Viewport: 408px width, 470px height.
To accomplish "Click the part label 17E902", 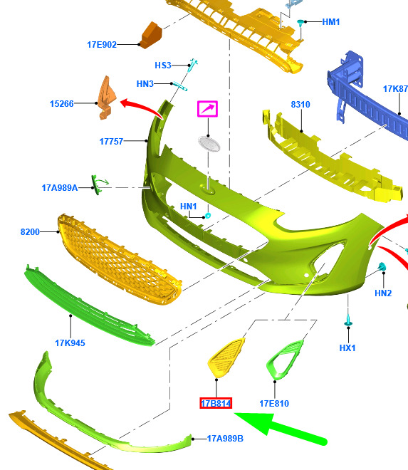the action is [102, 45].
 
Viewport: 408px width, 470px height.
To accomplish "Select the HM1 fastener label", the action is [331, 22].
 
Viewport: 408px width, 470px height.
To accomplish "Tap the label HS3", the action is [163, 66].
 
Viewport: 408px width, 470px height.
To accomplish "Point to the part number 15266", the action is [61, 104].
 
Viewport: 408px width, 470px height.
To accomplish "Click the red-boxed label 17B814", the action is [216, 404].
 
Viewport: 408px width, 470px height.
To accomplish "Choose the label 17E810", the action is [274, 404].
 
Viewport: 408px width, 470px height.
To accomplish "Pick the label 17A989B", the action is [225, 439].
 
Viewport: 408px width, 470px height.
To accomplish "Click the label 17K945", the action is [70, 343].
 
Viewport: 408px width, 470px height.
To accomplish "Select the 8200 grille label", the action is [30, 231].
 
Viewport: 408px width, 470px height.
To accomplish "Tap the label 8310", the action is [300, 105].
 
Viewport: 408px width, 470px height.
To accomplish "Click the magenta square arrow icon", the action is [207, 109].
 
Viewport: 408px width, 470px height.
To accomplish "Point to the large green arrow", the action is [280, 427].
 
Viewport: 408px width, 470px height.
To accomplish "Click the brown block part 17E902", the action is [152, 36].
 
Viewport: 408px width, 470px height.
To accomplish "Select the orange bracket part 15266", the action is [106, 98].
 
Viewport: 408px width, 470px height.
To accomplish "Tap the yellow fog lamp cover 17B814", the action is [226, 357].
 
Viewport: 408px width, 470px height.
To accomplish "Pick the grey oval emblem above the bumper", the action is [209, 144].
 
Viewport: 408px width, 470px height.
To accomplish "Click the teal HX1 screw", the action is [348, 320].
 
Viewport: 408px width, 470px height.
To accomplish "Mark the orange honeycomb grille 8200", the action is [120, 259].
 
